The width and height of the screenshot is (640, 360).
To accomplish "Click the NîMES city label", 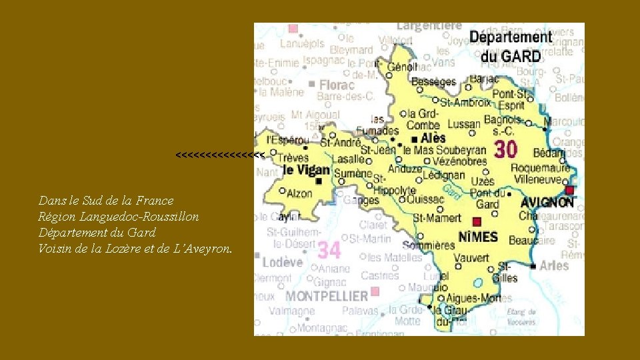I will coord(478,237).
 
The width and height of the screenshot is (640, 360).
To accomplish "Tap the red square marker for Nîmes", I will coord(477,221).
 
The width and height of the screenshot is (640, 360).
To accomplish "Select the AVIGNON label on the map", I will coord(547,201).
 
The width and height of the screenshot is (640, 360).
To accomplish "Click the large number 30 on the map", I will coord(505,150).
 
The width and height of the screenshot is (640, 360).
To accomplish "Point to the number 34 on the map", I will coord(329,250).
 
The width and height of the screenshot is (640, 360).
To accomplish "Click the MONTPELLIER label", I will coord(327,295).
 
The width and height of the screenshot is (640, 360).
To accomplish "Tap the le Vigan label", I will coord(305,170).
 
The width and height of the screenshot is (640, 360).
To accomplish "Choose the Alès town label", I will coord(433,139).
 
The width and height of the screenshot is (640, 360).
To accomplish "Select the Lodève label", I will coord(282,262).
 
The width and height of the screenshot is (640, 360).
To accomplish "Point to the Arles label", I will coord(554,265).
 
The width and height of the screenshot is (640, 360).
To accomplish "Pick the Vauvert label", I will coord(471,258).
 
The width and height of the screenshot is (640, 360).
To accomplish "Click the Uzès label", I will coord(483,181).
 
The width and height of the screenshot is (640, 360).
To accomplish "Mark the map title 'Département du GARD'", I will coord(511,47).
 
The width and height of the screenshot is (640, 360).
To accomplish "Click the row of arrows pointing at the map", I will coord(220,155).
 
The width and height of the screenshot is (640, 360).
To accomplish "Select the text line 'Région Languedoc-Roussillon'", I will coord(119,217).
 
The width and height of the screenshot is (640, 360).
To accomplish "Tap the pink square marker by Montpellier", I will coord(375,291).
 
